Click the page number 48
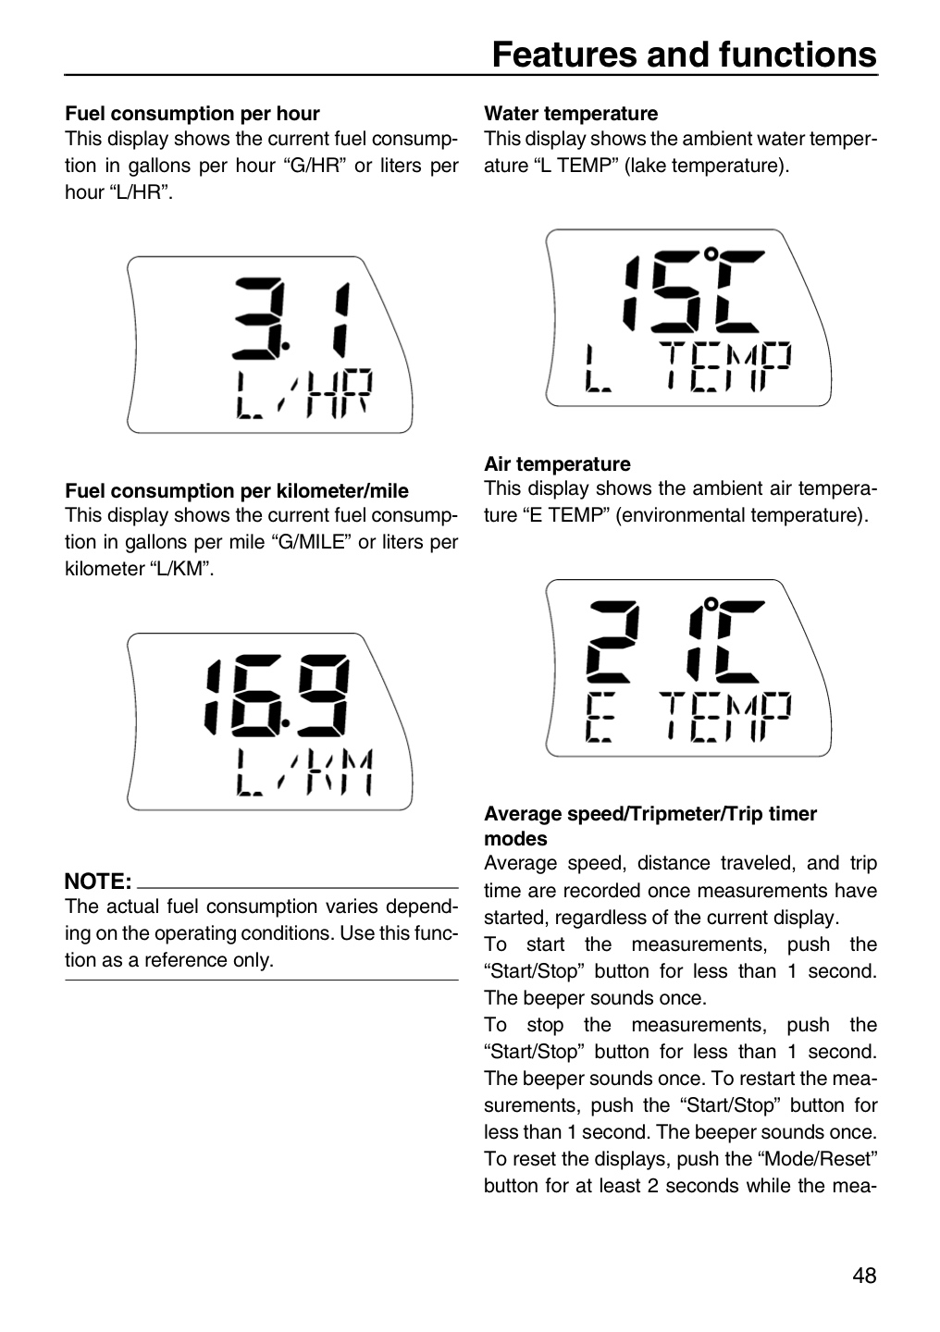pos(864,1275)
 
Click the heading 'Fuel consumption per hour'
pos(192,113)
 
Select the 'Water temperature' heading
pos(571,113)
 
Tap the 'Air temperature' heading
pos(557,463)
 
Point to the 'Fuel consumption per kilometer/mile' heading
pos(237,490)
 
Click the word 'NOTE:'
pos(97,881)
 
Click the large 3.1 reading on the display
pos(291,318)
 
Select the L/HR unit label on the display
pos(304,393)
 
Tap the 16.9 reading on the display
pos(276,696)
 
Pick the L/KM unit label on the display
pos(304,771)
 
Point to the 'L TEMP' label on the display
pos(688,366)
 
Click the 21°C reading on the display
pos(675,640)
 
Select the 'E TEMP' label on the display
pos(688,717)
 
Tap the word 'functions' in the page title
pos(798,55)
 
